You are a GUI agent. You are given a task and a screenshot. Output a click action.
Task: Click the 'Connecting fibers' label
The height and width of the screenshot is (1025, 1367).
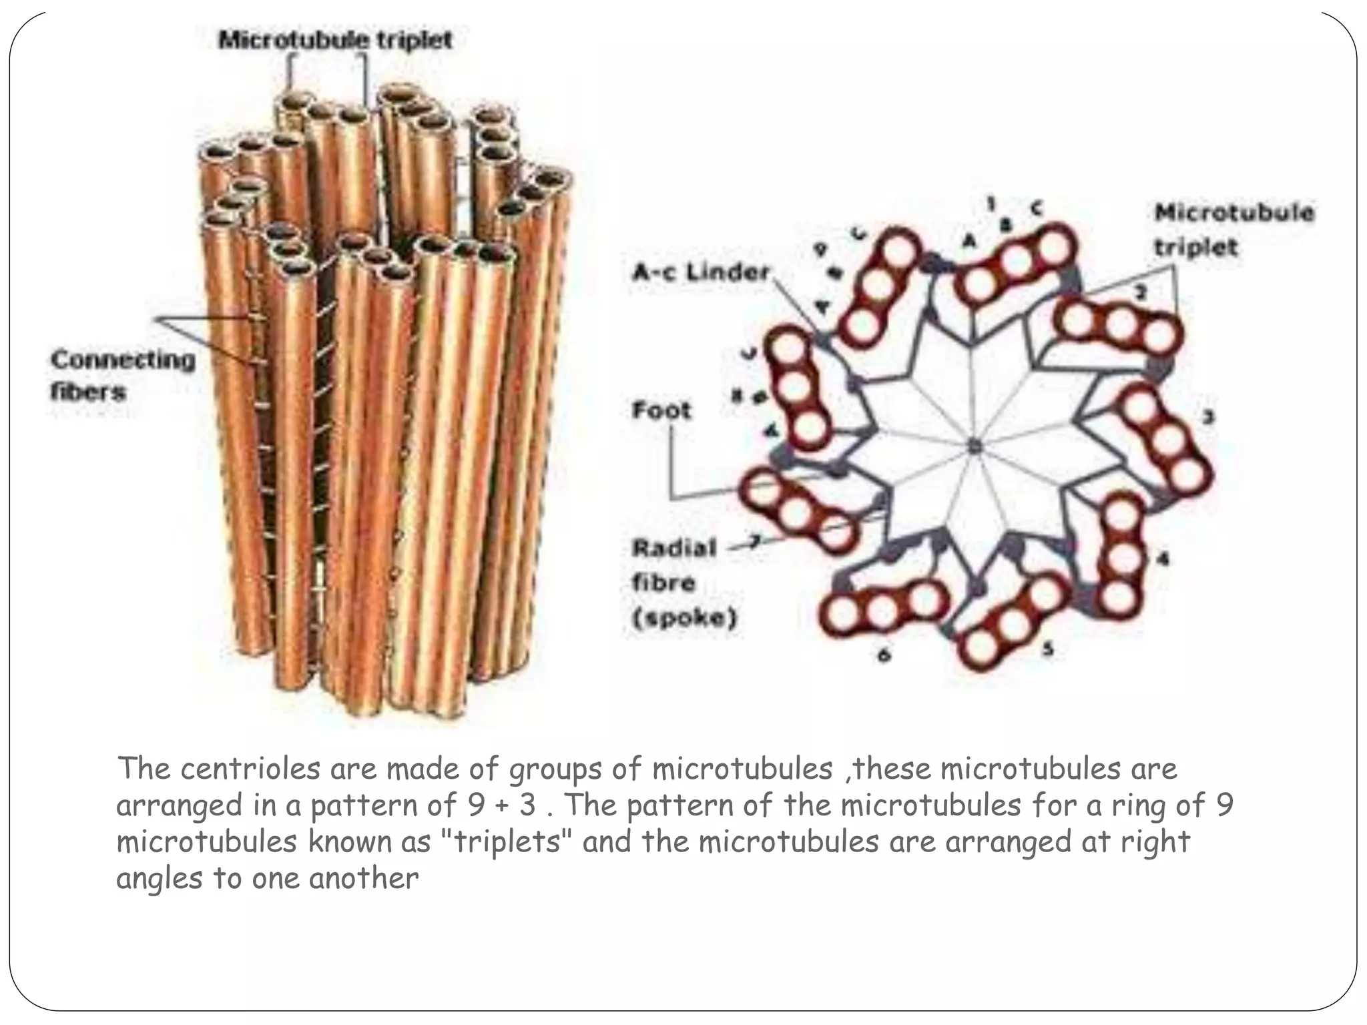123,375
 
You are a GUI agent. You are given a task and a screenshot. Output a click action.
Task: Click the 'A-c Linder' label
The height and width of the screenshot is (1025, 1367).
701,272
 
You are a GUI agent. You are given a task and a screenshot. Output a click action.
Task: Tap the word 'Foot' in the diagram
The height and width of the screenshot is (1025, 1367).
661,409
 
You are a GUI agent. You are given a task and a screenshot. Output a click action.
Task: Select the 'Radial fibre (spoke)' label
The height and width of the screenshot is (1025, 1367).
683,583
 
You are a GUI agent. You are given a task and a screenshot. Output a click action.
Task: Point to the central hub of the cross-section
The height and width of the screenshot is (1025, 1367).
974,445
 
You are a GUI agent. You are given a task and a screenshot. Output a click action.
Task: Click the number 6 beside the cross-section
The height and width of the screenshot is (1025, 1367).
884,655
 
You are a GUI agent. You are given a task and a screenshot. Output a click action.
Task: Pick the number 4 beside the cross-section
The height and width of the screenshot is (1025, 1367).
1163,559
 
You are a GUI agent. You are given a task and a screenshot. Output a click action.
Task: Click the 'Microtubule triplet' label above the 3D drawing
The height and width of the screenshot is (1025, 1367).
336,40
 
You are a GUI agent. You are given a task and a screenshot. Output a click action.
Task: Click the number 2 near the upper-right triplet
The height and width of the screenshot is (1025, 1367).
1141,292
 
